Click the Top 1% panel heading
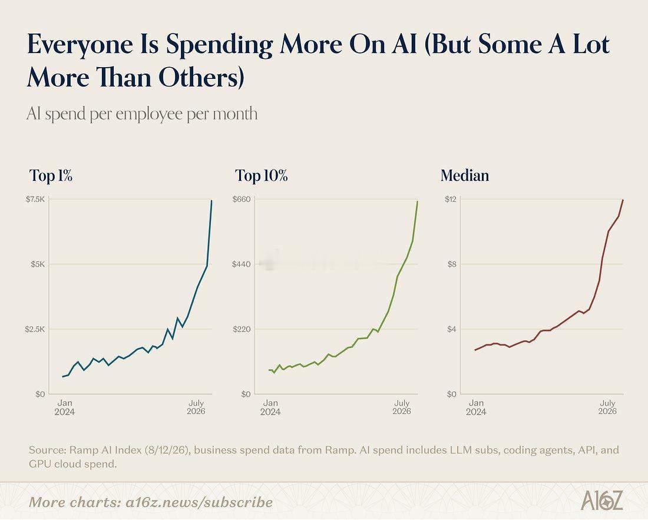(x=51, y=175)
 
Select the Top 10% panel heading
(x=261, y=175)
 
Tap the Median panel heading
(x=465, y=175)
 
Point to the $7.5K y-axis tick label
(x=35, y=200)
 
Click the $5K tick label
(x=38, y=264)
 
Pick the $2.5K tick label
(x=35, y=329)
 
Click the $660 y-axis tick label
(x=242, y=200)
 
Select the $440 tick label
(x=242, y=264)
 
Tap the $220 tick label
(x=242, y=329)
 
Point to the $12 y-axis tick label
(x=451, y=200)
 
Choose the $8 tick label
(x=452, y=264)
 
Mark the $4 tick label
(x=452, y=329)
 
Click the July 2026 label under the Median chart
(x=607, y=408)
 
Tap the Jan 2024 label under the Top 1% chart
(x=65, y=408)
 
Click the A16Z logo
(x=601, y=501)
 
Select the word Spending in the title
(x=219, y=45)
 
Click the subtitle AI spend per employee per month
(x=142, y=114)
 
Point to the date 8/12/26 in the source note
(x=167, y=450)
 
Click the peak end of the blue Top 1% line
(x=211, y=201)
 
